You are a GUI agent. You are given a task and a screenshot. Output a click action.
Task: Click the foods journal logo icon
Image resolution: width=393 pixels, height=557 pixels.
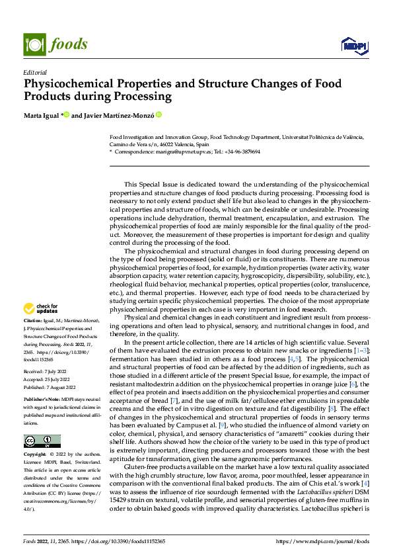coord(34,44)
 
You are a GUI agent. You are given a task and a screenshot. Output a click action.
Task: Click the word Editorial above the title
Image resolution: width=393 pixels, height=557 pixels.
coord(34,72)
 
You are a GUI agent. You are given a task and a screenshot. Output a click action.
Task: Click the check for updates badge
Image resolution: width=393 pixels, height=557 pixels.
coord(41,308)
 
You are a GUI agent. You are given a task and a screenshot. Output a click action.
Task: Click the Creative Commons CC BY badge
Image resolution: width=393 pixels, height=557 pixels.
coord(42,441)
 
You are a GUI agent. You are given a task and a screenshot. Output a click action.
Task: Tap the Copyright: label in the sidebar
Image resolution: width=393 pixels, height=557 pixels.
coord(36,455)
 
